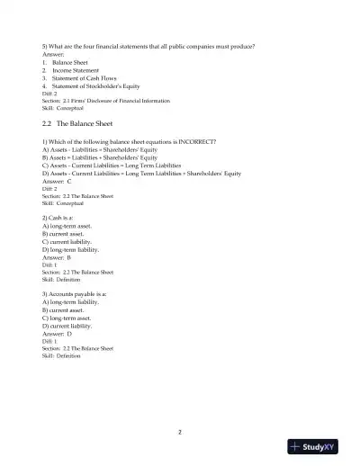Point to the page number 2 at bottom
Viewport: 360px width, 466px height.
click(x=180, y=432)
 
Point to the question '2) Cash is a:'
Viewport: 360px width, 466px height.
click(x=63, y=219)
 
